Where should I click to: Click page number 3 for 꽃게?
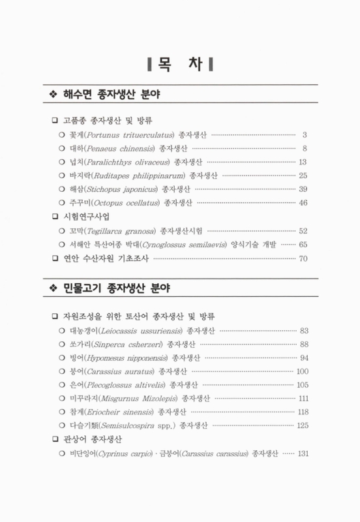(x=305, y=134)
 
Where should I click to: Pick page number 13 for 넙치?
(x=303, y=161)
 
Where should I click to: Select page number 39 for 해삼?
(x=303, y=189)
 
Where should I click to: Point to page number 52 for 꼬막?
(x=303, y=230)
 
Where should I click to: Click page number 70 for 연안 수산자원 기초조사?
(x=303, y=258)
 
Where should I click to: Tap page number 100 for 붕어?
(x=301, y=371)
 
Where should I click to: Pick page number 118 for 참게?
(x=301, y=412)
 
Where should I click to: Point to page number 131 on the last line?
(x=301, y=453)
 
